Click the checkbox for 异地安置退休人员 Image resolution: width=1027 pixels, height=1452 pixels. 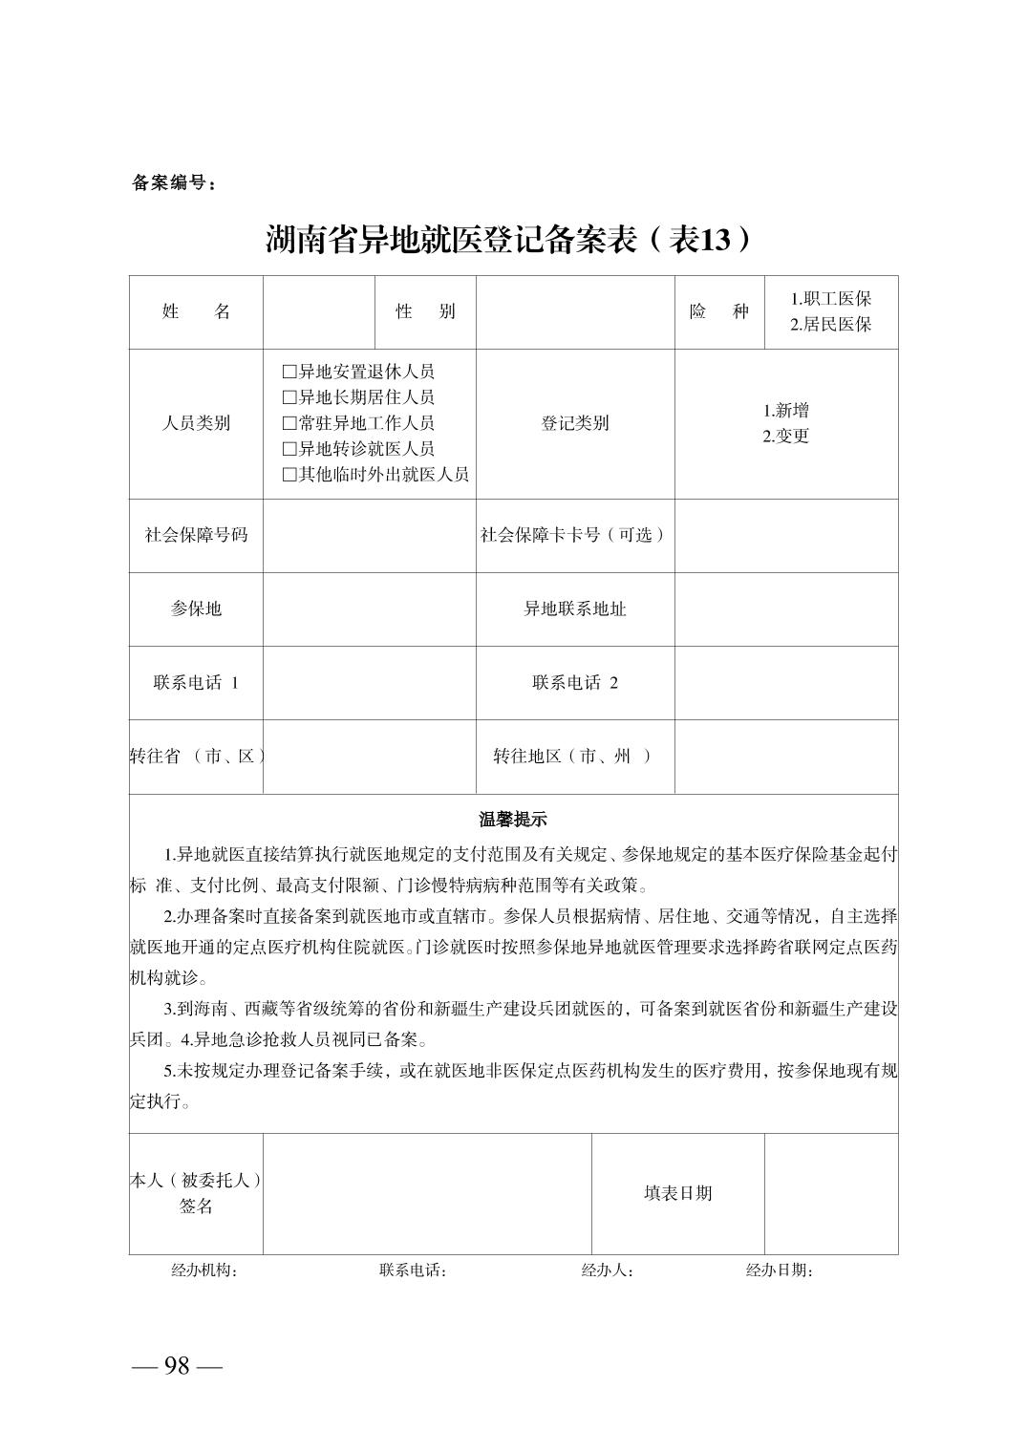289,372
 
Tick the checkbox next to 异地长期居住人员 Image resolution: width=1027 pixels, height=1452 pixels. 289,397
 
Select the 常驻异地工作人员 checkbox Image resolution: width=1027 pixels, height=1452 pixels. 289,423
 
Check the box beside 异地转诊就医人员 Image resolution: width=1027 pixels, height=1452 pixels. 289,449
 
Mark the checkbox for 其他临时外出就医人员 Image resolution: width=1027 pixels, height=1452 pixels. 289,475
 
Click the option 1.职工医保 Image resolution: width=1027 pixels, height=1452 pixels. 830,299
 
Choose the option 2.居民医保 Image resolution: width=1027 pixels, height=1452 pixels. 830,325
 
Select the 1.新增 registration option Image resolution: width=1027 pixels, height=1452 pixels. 785,411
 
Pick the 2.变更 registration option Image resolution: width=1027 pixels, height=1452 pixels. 785,437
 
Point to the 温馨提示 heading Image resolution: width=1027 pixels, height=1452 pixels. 513,820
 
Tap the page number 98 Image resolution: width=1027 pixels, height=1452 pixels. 177,1366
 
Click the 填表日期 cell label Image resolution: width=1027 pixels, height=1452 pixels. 677,1193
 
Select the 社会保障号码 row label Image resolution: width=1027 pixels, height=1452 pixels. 196,535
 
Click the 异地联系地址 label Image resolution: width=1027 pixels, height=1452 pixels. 575,609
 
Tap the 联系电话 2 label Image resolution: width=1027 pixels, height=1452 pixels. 575,682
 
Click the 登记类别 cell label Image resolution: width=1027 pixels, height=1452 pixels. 575,423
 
